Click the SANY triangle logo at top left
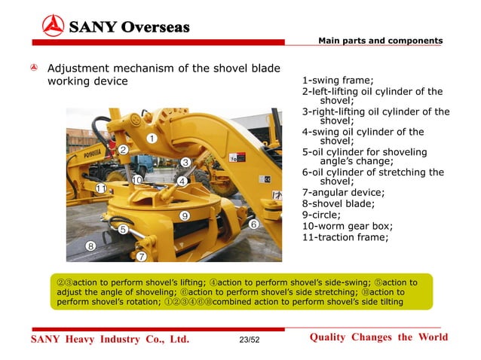53,26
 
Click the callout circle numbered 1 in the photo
152,139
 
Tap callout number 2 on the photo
122,149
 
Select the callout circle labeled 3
185,162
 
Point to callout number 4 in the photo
182,181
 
